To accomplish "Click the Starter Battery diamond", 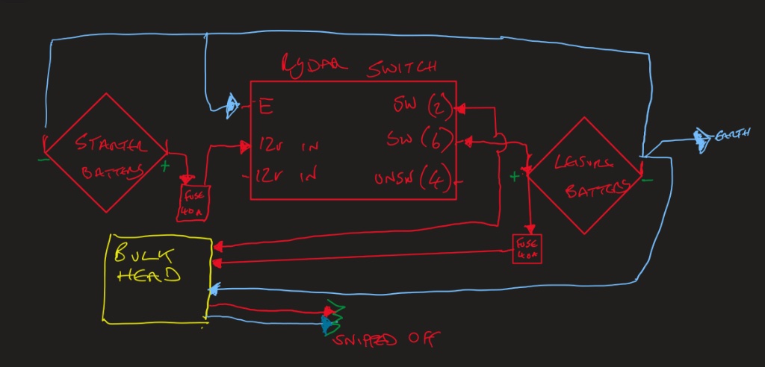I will (105, 152).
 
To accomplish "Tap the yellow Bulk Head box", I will (158, 277).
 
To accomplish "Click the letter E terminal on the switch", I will (265, 107).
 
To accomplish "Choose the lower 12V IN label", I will (288, 176).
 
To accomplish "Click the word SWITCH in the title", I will (401, 68).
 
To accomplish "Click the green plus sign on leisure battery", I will (514, 177).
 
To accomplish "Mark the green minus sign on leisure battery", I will (648, 179).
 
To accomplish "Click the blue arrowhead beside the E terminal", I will (232, 106).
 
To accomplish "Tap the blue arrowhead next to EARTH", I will (701, 138).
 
